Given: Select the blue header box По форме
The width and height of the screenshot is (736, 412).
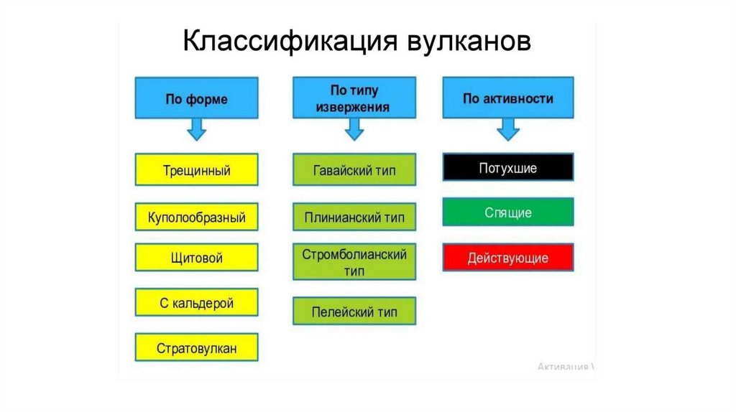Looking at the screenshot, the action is coord(196,99).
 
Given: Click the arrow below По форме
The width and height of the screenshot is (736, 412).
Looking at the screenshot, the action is coord(196,130).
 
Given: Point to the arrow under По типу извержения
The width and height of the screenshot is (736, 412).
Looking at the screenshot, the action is coord(354,130).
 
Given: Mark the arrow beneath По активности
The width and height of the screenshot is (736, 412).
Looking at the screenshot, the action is coord(508,130).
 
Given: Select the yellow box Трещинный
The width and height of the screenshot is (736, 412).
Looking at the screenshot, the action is coord(196,171).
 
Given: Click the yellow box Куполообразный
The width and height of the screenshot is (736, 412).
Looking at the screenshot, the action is coord(196,217).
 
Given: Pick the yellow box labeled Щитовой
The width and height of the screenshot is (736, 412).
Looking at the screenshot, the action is coord(196,258).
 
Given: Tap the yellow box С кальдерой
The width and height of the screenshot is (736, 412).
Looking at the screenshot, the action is coord(196,303).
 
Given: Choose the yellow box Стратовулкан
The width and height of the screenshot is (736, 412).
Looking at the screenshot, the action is coord(196,349).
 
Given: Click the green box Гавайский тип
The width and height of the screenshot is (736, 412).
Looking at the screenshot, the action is coord(354,171).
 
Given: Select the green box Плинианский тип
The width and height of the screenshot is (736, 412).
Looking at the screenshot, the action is coord(354,217).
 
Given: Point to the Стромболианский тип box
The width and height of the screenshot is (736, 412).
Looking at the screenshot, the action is coord(354,263).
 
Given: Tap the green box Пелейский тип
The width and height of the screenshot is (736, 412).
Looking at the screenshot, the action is coord(354,312).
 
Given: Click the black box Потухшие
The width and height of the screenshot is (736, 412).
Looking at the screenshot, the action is coord(508,167).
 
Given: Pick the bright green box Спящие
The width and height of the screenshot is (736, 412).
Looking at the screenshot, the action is coord(508,212).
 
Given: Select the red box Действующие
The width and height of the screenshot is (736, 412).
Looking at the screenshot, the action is coord(508,258).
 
